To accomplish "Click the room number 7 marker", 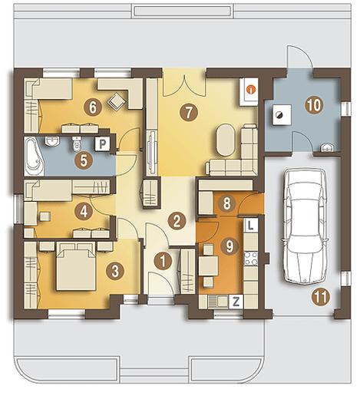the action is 189,112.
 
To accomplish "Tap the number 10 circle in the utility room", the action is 315,105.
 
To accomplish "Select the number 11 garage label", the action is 321,297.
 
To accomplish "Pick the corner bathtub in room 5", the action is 34,157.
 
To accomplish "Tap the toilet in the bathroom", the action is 77,143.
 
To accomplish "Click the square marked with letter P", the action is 102,144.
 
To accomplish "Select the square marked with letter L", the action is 251,225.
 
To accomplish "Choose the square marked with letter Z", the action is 236,302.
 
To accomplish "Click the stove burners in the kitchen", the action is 251,259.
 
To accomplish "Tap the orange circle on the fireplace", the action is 251,90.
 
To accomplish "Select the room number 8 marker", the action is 226,203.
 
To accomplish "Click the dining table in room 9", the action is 208,266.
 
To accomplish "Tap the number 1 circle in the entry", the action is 163,261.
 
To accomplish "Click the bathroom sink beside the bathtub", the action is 52,141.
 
